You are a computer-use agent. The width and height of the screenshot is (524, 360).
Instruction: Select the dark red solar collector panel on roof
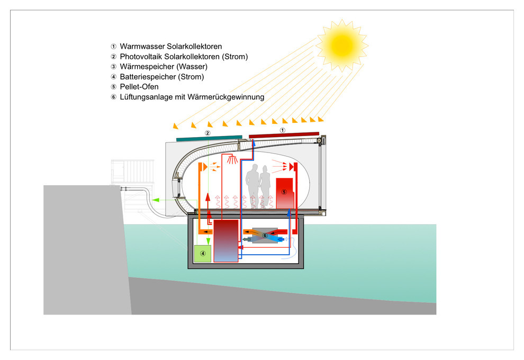click(x=284, y=135)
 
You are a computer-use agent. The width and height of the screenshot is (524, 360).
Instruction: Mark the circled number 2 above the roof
click(x=208, y=132)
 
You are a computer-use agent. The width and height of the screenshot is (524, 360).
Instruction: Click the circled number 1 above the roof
click(x=283, y=129)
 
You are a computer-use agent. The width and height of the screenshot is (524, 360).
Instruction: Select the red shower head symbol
click(x=231, y=159)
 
